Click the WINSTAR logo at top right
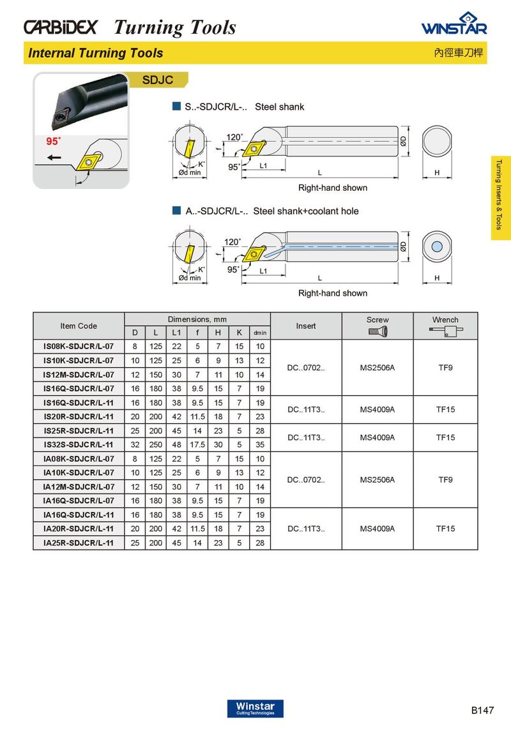click(454, 24)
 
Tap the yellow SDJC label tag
click(158, 80)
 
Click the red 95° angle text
click(53, 141)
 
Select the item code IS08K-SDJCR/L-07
click(79, 347)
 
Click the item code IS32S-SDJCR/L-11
click(79, 444)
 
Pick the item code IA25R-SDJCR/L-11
click(79, 543)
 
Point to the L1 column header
click(176, 333)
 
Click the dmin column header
click(260, 333)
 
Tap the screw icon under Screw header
click(378, 331)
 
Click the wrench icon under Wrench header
click(446, 331)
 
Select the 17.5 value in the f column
click(197, 444)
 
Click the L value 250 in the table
click(155, 444)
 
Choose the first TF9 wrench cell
click(445, 368)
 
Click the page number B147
click(482, 710)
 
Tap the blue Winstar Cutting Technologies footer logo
click(255, 709)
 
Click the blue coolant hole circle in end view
click(436, 246)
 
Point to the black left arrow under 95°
click(54, 158)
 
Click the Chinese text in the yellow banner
click(459, 52)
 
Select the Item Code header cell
click(79, 326)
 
